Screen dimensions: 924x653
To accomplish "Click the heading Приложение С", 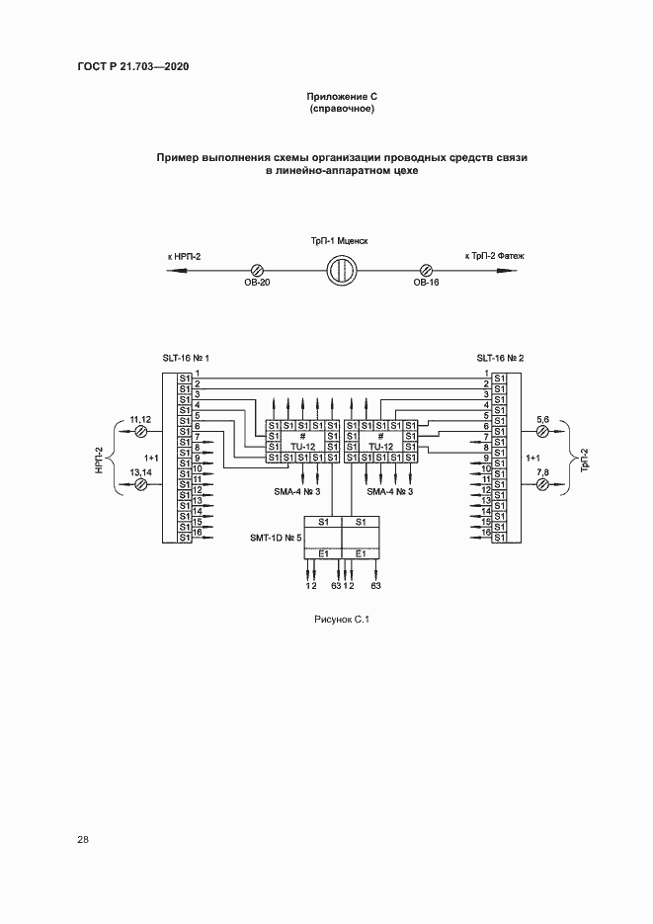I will (x=341, y=97).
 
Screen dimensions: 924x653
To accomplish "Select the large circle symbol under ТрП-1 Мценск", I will (x=341, y=270).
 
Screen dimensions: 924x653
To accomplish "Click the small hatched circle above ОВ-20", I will (x=257, y=270).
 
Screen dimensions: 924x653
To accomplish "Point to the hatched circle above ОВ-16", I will (x=427, y=270).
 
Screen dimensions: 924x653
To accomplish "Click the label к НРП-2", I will (x=184, y=257).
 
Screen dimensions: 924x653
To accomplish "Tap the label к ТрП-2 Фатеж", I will (x=494, y=257).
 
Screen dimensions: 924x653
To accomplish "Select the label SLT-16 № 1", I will (x=186, y=359).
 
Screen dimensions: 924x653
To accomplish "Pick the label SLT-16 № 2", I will (x=500, y=359).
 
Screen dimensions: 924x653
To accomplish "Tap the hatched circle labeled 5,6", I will (x=541, y=433).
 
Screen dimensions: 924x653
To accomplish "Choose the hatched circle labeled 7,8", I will (x=541, y=485).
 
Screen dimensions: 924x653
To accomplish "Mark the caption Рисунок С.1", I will (x=340, y=620).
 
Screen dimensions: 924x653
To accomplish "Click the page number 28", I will (x=82, y=840).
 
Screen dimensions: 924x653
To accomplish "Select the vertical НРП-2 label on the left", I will (x=100, y=460).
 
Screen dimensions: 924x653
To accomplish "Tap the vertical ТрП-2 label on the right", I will (x=584, y=460).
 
